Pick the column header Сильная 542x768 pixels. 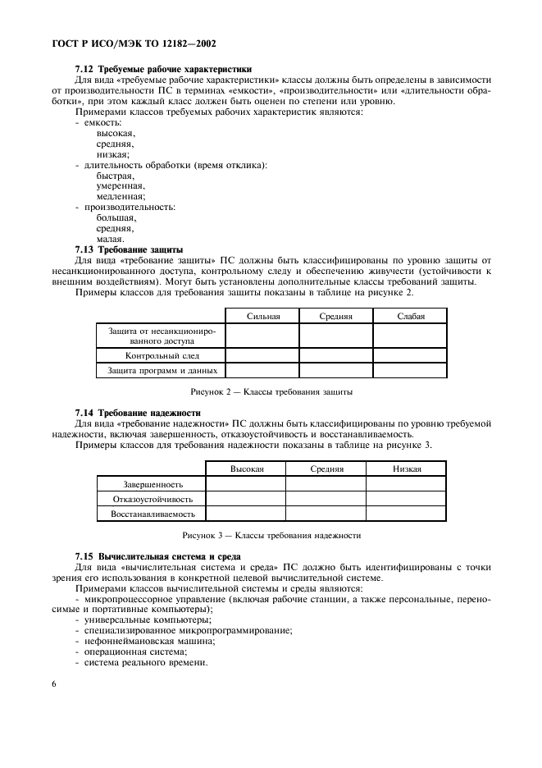(262, 316)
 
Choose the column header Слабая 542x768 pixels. (410, 316)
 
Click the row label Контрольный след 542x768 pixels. (162, 356)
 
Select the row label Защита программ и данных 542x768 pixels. (162, 371)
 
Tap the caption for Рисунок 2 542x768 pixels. (271, 392)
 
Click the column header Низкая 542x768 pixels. (406, 469)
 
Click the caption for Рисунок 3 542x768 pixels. (271, 535)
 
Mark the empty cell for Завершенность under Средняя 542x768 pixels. (326, 484)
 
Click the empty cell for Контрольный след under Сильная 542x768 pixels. (262, 356)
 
